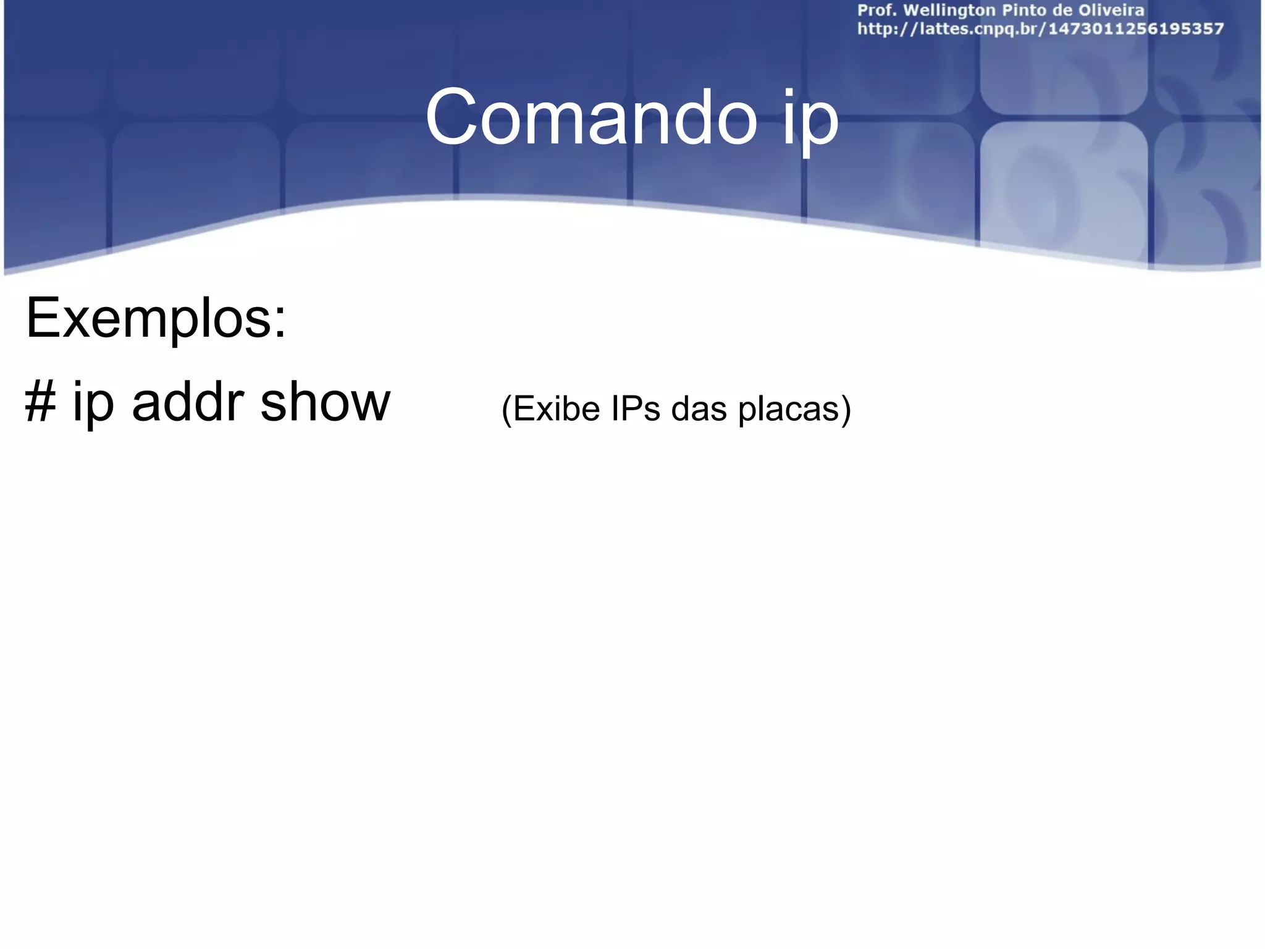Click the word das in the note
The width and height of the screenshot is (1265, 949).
point(699,408)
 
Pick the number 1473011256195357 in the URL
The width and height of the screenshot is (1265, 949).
point(1136,29)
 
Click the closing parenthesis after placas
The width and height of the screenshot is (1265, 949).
point(846,410)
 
